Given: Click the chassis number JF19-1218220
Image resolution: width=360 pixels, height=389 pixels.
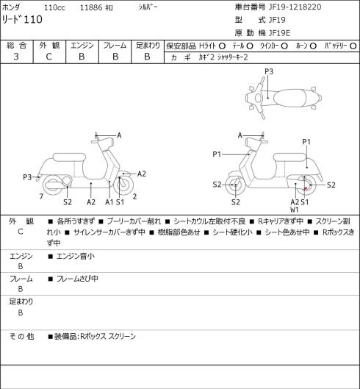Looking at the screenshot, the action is (295, 7).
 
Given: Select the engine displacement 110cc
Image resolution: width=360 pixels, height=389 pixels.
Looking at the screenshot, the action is (54, 7).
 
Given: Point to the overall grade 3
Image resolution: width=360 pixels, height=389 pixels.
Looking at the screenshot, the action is (16, 57).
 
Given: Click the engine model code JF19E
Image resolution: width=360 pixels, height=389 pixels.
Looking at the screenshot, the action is (279, 33).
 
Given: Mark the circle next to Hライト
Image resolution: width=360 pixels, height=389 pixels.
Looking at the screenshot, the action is (222, 46).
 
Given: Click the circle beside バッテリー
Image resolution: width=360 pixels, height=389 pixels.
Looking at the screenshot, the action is (353, 46).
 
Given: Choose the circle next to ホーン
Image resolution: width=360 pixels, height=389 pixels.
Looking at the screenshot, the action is (313, 46).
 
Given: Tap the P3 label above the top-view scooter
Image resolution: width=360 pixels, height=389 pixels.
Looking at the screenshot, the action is (269, 71).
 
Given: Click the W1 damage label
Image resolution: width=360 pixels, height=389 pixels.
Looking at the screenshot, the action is (295, 210).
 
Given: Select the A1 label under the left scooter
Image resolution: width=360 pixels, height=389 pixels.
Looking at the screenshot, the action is (109, 202).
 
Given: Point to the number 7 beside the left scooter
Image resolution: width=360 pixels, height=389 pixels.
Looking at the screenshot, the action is (41, 196).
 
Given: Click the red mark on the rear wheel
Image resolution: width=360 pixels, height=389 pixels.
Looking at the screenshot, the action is (306, 189).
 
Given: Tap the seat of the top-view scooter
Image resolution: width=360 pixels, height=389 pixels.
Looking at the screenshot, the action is (289, 98).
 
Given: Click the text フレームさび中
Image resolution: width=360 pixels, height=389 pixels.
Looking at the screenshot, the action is (77, 279).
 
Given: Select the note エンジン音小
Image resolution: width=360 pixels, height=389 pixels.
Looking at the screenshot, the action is (76, 257).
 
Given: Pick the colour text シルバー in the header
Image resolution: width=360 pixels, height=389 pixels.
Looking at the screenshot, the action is (148, 7).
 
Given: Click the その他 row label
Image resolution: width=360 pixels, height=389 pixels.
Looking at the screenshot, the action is (21, 336).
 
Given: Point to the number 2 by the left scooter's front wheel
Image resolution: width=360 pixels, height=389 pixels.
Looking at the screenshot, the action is (134, 196).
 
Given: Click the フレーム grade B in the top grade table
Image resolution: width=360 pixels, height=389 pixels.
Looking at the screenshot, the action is (115, 57).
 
